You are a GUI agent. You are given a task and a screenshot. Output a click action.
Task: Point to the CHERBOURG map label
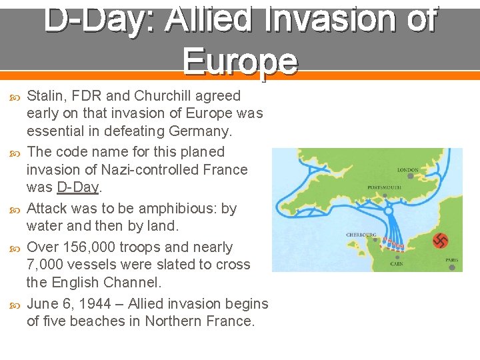coord(360,235)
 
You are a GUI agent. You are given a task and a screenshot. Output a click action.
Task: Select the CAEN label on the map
coord(397,265)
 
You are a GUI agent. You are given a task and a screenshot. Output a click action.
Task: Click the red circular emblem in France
coord(441,241)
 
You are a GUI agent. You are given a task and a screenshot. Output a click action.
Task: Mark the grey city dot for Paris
coord(451,267)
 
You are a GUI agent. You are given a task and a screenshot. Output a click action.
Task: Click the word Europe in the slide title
coord(240,61)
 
